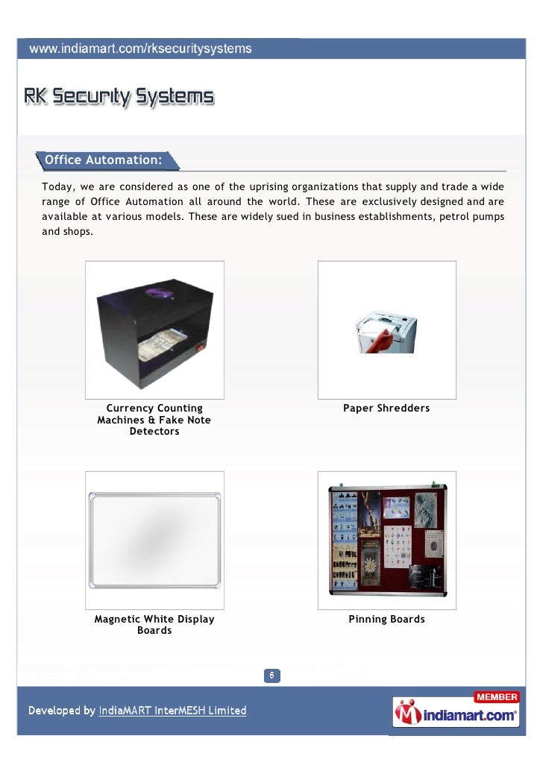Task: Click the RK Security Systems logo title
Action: pos(119,97)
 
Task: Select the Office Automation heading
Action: pos(103,160)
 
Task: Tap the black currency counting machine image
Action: pos(154,329)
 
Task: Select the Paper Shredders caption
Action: pos(386,409)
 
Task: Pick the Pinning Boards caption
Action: pos(386,620)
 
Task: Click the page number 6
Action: pos(272,676)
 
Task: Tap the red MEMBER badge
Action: pos(496,697)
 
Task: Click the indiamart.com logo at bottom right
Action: pos(456,714)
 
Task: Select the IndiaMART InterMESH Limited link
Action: pos(172,711)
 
